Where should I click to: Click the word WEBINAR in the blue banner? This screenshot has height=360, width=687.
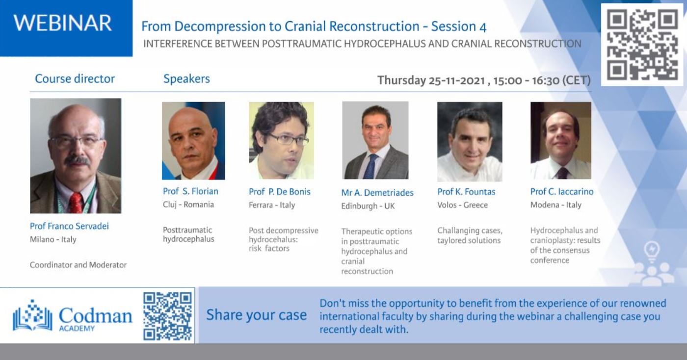pyautogui.click(x=63, y=23)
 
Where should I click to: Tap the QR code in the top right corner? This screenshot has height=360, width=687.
pyautogui.click(x=642, y=45)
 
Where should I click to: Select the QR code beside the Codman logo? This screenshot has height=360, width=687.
pyautogui.click(x=167, y=316)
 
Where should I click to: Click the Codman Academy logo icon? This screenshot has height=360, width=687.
pyautogui.click(x=32, y=315)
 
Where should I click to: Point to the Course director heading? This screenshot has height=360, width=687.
pyautogui.click(x=75, y=79)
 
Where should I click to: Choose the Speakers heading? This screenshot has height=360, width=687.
pyautogui.click(x=186, y=79)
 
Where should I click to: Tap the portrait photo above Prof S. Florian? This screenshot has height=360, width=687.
pyautogui.click(x=193, y=141)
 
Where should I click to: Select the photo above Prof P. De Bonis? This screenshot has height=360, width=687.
pyautogui.click(x=281, y=141)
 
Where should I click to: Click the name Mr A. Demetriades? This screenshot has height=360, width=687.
pyautogui.click(x=377, y=193)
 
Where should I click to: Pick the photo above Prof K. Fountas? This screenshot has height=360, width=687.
pyautogui.click(x=470, y=142)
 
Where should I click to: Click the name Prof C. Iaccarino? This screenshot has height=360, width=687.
pyautogui.click(x=562, y=192)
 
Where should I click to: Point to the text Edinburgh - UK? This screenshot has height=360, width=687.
pyautogui.click(x=368, y=206)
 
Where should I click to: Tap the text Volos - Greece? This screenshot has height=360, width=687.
pyautogui.click(x=462, y=205)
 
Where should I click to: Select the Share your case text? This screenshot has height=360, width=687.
pyautogui.click(x=257, y=315)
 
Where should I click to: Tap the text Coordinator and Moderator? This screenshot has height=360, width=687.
pyautogui.click(x=78, y=265)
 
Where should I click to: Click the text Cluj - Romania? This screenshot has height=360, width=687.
pyautogui.click(x=188, y=205)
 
